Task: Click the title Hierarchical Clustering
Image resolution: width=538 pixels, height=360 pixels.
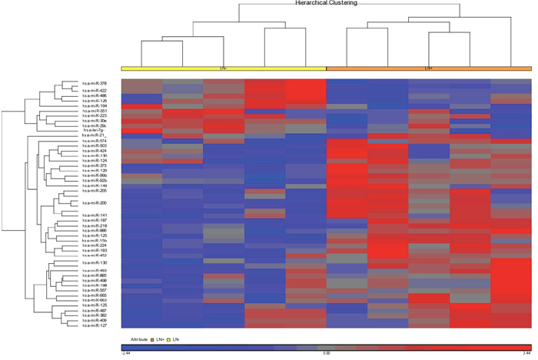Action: tap(326, 3)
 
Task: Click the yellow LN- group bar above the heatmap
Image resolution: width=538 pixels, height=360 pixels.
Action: tap(224, 68)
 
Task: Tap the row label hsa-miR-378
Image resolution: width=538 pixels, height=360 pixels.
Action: tap(95, 83)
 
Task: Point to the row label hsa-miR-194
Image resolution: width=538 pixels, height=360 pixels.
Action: tap(95, 105)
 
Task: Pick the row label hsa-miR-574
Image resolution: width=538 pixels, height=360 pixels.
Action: tap(95, 141)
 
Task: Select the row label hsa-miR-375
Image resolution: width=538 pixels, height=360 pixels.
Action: tap(95, 165)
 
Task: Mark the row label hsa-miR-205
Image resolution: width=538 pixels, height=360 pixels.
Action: tap(95, 190)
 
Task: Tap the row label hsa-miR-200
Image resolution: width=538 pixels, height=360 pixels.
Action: tap(95, 202)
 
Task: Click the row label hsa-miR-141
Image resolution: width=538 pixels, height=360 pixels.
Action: tap(95, 215)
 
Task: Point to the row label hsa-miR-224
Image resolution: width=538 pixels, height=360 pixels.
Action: tap(95, 245)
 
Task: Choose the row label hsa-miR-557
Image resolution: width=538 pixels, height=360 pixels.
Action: tap(95, 289)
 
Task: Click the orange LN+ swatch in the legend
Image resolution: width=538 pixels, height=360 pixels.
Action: tap(151, 338)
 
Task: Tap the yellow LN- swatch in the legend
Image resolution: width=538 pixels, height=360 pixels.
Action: tap(168, 338)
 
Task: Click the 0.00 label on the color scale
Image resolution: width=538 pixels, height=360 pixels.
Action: tap(326, 353)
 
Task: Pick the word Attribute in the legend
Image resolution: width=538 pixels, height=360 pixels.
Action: tap(138, 338)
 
